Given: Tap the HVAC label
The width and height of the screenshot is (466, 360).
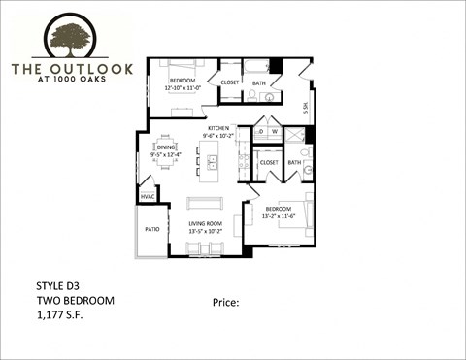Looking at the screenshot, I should (148, 197).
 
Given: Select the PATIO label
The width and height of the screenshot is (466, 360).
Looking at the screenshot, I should (151, 230).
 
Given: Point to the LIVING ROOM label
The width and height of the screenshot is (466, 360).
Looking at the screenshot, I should (205, 224).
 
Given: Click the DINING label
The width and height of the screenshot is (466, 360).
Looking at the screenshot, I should (166, 147).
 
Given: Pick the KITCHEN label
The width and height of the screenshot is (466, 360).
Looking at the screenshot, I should (217, 128).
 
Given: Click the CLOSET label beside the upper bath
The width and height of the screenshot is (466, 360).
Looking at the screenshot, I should (230, 83).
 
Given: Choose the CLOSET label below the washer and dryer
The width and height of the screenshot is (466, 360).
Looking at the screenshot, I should (269, 163).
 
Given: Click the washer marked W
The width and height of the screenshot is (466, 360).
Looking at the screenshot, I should (274, 131).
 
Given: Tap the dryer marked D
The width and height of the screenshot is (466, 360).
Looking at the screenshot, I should (261, 131).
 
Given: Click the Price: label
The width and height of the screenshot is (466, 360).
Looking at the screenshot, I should (225, 303).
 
